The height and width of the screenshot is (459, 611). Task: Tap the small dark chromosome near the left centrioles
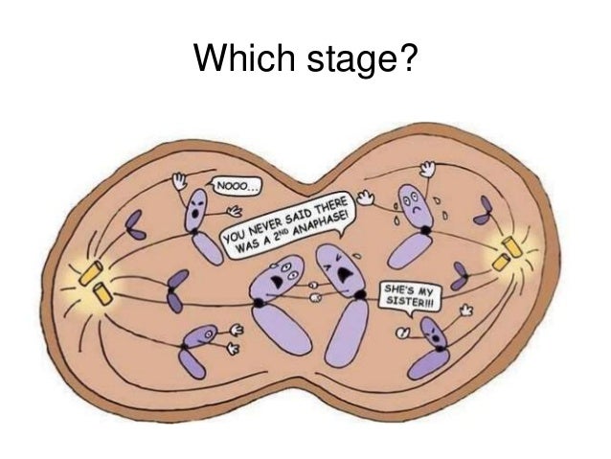[x=174, y=289]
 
